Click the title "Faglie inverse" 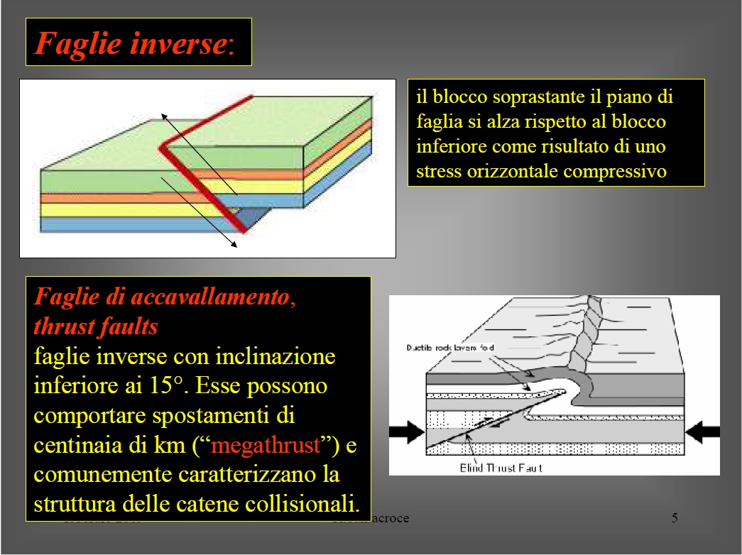click(131, 44)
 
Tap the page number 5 click(675, 517)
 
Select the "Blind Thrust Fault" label click(501, 468)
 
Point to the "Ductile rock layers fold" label click(449, 348)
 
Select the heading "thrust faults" click(95, 326)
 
